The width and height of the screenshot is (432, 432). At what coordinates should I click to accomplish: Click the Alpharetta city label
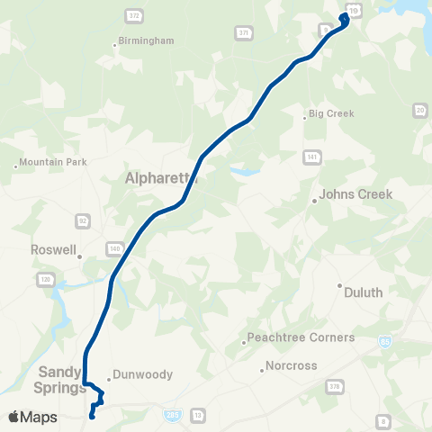click(160, 179)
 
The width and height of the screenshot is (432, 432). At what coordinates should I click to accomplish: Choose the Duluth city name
click(364, 292)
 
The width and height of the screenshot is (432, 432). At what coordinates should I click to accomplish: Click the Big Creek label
click(331, 114)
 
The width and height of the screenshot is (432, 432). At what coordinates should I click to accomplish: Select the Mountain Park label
click(50, 163)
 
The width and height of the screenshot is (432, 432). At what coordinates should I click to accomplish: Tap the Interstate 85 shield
click(386, 343)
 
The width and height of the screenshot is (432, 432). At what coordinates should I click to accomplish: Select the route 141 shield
click(311, 157)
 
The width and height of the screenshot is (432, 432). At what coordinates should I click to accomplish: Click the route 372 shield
click(134, 16)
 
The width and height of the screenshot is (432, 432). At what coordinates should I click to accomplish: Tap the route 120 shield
click(44, 280)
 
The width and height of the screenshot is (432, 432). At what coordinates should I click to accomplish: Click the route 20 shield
click(420, 110)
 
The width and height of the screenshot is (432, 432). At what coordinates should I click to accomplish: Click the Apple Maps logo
click(32, 417)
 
